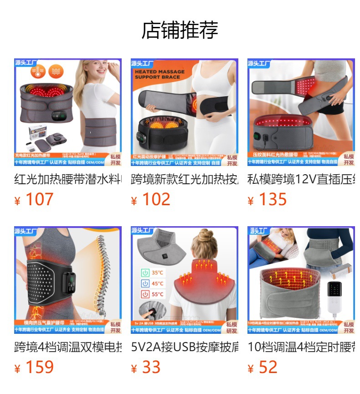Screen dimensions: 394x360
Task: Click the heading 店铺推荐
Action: (x=180, y=30)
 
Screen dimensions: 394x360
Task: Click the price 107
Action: (x=39, y=200)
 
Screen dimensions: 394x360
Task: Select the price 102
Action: (x=155, y=200)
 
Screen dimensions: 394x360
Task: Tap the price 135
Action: (x=272, y=200)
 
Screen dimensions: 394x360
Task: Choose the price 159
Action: (x=39, y=367)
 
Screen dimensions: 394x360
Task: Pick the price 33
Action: (x=151, y=367)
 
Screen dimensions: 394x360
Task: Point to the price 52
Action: (x=267, y=367)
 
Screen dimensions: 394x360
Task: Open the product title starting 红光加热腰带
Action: (x=68, y=178)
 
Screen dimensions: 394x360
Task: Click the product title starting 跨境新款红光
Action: (x=185, y=178)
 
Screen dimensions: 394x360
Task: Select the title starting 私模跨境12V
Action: (x=301, y=178)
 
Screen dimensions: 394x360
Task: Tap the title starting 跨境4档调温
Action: (x=68, y=347)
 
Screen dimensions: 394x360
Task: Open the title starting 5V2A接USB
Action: (x=185, y=347)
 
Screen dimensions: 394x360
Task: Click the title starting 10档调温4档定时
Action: (x=301, y=347)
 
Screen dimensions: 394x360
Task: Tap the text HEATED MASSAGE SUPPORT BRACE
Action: (x=159, y=74)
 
